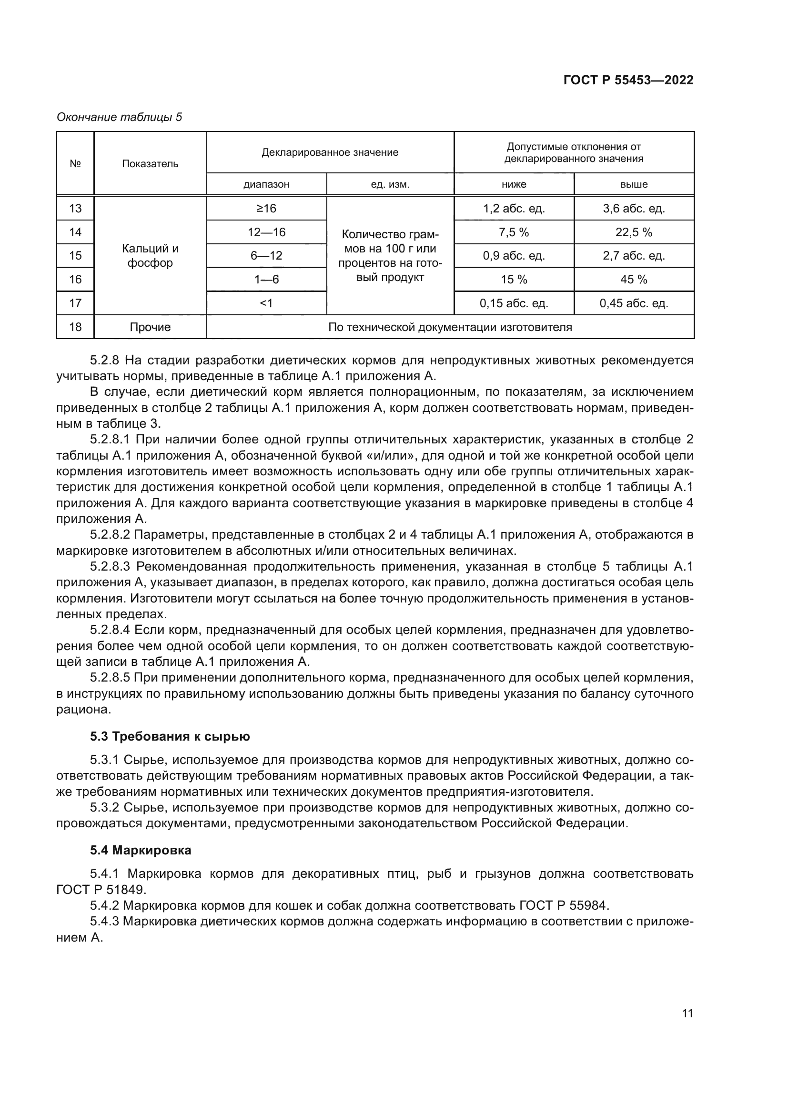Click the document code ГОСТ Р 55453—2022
point(628,80)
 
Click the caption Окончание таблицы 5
point(120,117)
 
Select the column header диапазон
point(266,184)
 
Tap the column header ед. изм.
point(390,184)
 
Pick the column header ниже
point(514,184)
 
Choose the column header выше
point(634,184)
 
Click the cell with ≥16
point(266,208)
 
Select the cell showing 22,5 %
point(634,232)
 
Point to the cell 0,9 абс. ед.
point(514,256)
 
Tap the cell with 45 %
point(634,280)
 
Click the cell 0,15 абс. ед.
point(514,303)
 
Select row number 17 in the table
point(75,303)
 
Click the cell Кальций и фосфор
point(150,256)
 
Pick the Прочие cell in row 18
point(150,327)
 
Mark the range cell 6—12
point(266,256)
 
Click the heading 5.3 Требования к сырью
point(169,736)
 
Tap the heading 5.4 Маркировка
point(140,850)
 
